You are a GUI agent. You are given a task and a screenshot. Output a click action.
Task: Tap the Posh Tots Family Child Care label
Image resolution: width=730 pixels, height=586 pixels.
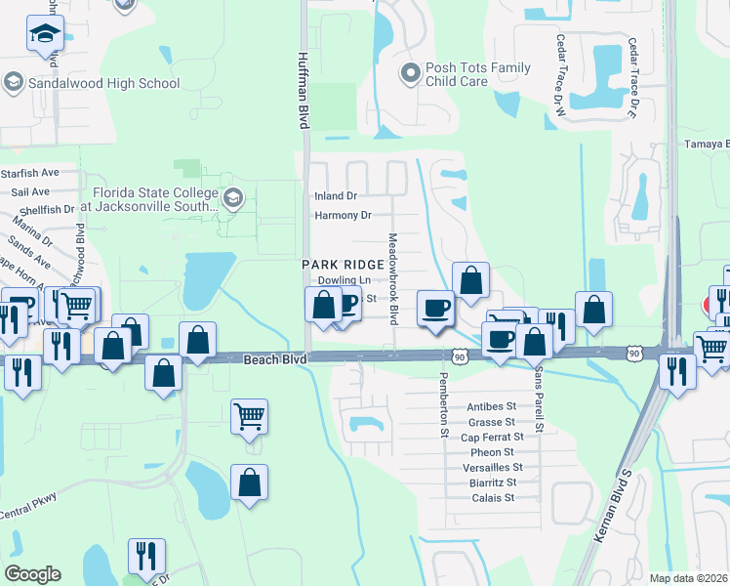(x=478, y=74)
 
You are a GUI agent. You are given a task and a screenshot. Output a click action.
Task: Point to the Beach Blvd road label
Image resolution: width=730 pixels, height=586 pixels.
(x=274, y=360)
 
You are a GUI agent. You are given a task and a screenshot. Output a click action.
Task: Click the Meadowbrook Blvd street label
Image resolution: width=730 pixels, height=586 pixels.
(x=394, y=278)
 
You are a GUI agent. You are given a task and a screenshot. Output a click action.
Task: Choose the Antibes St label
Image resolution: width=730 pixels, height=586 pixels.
(x=492, y=406)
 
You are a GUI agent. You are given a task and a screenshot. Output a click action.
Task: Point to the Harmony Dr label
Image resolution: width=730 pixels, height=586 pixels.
(x=344, y=215)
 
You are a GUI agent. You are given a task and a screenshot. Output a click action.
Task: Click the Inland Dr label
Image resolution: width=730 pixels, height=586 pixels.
(x=336, y=195)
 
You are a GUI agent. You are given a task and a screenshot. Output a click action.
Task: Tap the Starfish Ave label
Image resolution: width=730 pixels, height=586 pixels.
(x=31, y=173)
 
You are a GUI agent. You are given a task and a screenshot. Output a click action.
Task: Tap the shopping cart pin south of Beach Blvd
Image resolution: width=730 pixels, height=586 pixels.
(x=249, y=416)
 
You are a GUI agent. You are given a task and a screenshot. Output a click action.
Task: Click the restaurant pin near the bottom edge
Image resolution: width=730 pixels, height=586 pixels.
(x=146, y=556)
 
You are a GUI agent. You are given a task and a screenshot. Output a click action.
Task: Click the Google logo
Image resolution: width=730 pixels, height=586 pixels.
(x=32, y=574)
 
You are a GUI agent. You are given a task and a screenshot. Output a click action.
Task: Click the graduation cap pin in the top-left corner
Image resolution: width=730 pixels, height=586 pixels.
(x=45, y=34)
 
